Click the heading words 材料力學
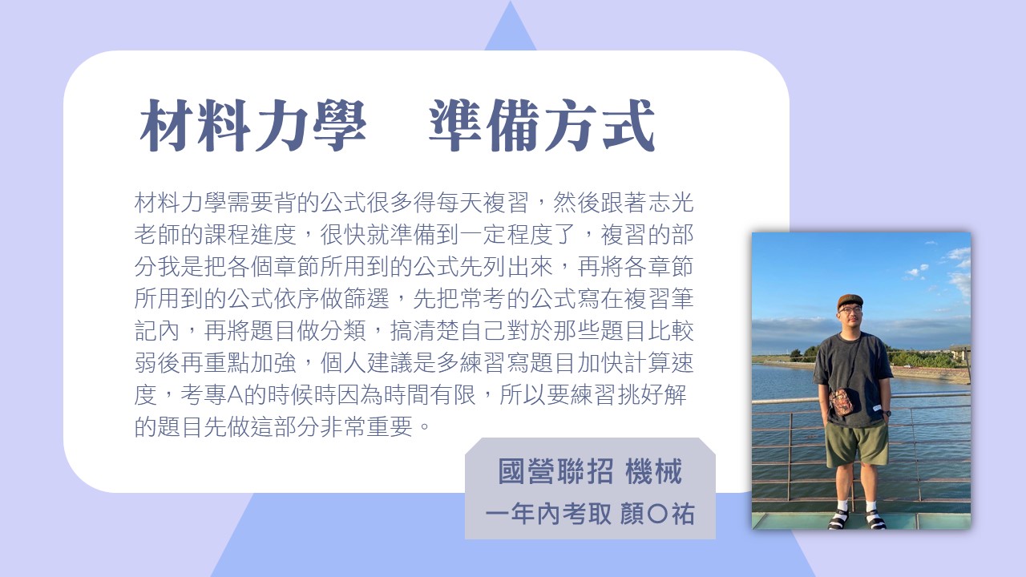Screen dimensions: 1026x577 point(252,126)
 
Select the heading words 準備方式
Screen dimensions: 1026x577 point(543,126)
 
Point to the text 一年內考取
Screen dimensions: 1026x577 point(548,514)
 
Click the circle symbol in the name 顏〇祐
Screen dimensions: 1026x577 point(658,514)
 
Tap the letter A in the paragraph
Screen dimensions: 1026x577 point(234,395)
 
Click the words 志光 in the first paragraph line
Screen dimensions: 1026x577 point(671,203)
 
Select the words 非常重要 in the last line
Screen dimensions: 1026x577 point(366,427)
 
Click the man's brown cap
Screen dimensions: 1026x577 point(850,301)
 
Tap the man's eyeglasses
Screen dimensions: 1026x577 point(850,310)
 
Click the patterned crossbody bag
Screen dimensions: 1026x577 point(841,401)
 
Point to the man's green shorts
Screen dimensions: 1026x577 point(855,443)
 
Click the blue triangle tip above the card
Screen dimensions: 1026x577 point(511,2)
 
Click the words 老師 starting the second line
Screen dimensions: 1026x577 point(157,235)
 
